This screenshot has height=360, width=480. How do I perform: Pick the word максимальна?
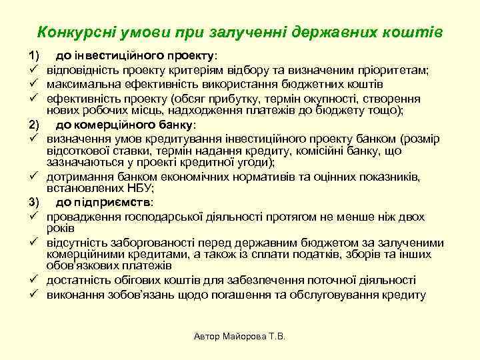83,84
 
